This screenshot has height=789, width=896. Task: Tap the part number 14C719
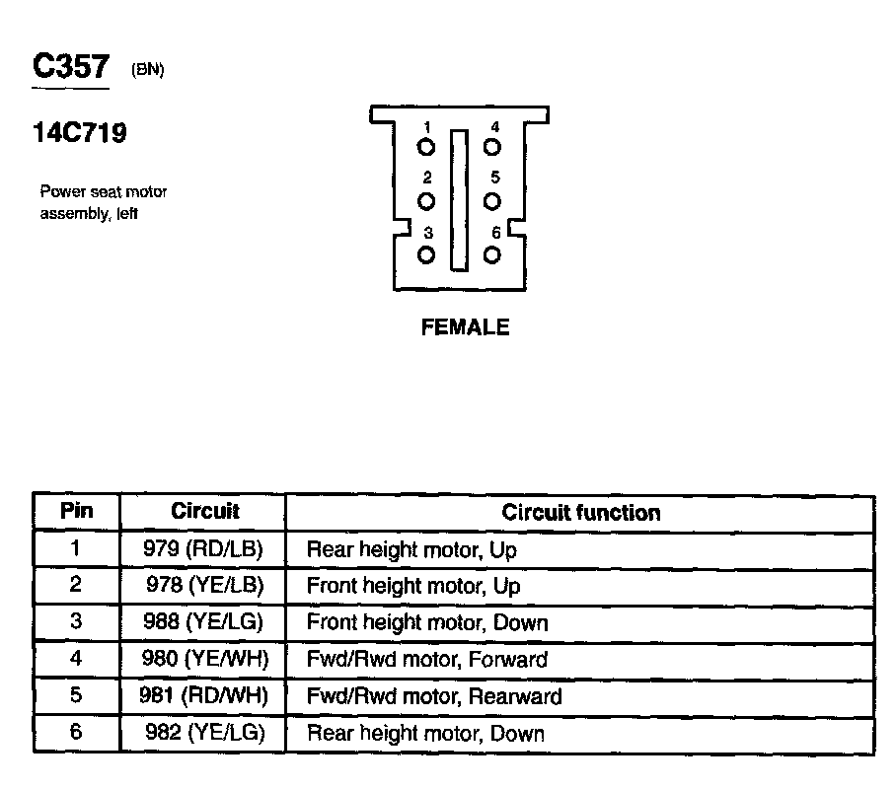[x=79, y=134]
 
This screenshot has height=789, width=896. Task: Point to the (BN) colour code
[x=147, y=71]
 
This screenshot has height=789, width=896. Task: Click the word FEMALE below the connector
[x=465, y=328]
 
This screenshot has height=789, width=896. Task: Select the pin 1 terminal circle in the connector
[x=426, y=148]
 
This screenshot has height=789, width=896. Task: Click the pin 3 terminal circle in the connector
[x=426, y=254]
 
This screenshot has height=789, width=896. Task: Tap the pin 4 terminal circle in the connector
[x=492, y=148]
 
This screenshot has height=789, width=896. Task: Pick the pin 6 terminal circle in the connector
[x=492, y=254]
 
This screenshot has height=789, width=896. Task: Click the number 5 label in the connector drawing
[x=494, y=179]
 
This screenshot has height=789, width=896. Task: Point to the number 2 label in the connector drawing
[x=427, y=179]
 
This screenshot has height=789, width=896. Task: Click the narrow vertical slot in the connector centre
[x=459, y=200]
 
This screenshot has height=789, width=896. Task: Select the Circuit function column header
[x=580, y=513]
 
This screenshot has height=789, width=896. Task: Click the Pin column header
[x=77, y=512]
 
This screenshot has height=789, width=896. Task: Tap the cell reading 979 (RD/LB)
[x=204, y=548]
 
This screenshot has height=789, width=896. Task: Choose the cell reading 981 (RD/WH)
[x=204, y=696]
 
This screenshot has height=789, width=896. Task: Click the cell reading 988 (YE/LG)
[x=204, y=622]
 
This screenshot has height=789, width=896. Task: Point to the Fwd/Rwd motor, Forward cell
[x=426, y=659]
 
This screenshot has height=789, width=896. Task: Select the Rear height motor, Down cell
[x=425, y=734]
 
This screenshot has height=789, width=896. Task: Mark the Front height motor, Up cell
[x=412, y=586]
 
